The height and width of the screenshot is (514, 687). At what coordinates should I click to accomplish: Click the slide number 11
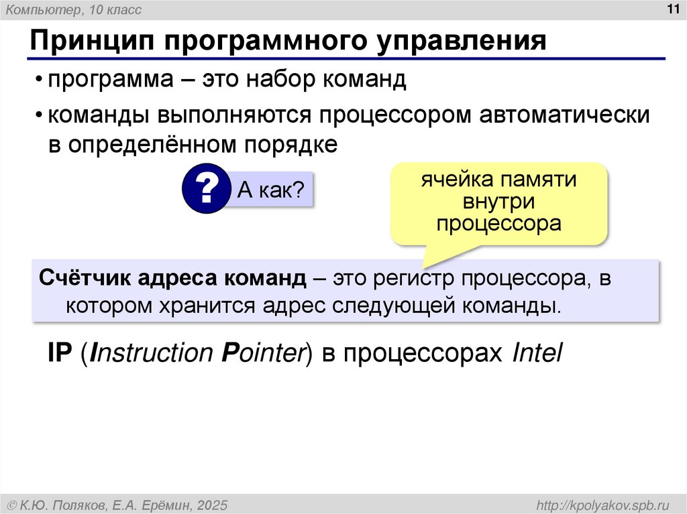[672, 9]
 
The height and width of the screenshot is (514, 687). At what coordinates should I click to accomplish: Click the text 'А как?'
[271, 191]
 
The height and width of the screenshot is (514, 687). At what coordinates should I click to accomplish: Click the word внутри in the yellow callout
[498, 201]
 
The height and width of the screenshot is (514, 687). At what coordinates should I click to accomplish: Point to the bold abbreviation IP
[59, 352]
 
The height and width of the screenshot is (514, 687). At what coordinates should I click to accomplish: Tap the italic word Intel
[536, 352]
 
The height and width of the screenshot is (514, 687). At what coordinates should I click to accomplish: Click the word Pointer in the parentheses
[262, 352]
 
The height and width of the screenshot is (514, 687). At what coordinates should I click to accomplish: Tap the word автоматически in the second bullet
[564, 115]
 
